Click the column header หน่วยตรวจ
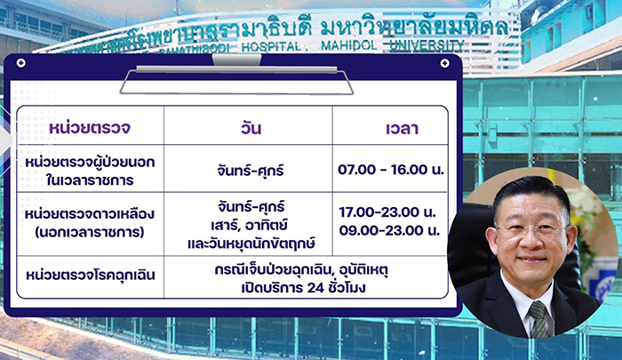90,128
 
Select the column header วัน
251,128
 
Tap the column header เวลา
402,129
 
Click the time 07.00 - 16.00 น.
391,170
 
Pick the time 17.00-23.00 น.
387,212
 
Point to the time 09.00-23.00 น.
389,230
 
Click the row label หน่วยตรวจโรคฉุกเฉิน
91,275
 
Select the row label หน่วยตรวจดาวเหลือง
90,213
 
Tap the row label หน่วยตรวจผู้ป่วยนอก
90,162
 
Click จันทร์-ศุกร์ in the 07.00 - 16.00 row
251,171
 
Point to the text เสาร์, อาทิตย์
249,225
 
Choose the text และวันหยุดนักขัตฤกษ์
251,243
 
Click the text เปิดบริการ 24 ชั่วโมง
304,287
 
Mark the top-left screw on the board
21,63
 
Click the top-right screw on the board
444,63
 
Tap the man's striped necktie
538,319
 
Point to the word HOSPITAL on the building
271,47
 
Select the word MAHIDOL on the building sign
348,45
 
